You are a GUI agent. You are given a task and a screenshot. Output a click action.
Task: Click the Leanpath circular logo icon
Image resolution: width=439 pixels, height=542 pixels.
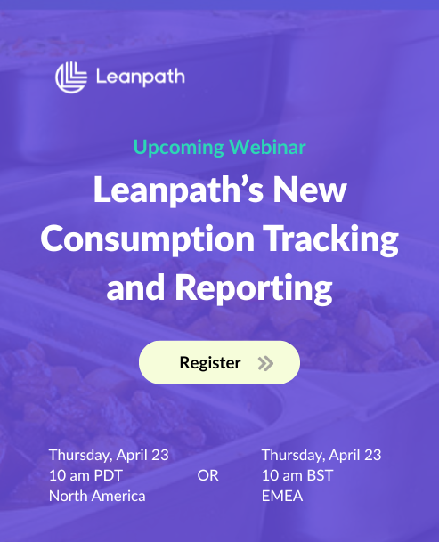[71, 77]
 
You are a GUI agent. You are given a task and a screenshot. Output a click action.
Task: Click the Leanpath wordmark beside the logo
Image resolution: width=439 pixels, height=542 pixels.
[140, 77]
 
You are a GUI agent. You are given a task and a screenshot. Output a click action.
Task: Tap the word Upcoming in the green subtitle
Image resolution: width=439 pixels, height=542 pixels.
[178, 148]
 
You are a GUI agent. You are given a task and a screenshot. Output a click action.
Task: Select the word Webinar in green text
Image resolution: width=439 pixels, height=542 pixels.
[267, 147]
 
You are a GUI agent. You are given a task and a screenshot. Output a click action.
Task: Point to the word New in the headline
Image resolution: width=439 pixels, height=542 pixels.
[310, 190]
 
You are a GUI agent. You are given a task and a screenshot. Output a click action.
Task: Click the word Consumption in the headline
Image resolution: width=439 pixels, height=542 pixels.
[148, 239]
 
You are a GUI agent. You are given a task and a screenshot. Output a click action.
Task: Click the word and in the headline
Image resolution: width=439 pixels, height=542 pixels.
[135, 287]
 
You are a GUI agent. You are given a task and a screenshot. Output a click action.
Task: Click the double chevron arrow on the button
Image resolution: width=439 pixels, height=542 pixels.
[265, 363]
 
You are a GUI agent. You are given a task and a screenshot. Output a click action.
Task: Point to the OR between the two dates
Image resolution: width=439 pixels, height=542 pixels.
[207, 475]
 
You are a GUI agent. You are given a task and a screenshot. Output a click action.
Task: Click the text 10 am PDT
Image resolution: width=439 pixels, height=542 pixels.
[85, 475]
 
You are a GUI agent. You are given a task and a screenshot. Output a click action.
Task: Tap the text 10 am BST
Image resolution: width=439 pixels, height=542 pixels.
[297, 475]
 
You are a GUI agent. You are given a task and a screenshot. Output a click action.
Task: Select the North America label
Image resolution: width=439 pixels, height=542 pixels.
[97, 497]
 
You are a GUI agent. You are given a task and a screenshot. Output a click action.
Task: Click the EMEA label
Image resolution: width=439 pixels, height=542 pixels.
[282, 496]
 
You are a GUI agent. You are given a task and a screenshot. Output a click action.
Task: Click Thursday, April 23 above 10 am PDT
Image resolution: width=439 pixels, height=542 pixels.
[109, 456]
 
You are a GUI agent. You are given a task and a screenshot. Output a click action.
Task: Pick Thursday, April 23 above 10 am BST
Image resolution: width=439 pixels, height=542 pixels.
[321, 456]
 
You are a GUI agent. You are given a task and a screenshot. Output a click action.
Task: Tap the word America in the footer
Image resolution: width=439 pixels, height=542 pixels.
[118, 497]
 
